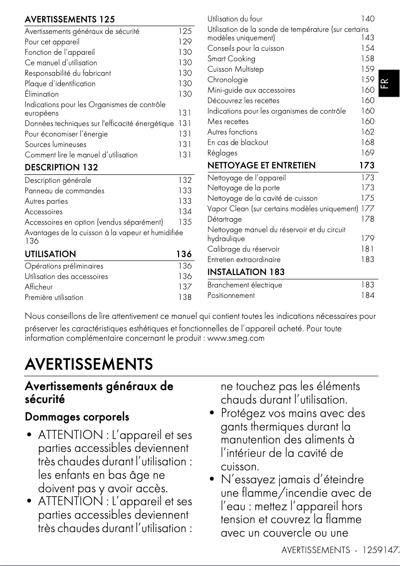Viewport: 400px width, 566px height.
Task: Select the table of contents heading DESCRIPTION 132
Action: click(61, 167)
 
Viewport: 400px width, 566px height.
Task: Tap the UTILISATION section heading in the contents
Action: click(50, 254)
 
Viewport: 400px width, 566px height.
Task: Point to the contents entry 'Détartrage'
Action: click(224, 219)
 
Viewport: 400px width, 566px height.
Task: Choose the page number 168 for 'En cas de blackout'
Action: click(368, 142)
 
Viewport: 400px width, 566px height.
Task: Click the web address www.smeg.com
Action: click(235, 338)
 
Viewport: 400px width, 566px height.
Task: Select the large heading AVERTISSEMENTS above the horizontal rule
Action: click(89, 364)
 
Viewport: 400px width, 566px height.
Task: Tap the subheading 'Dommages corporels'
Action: click(77, 417)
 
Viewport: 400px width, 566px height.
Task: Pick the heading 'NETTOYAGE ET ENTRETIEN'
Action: click(261, 165)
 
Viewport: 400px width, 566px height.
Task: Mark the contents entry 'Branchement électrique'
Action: click(244, 285)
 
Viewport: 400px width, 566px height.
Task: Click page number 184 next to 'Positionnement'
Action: click(368, 295)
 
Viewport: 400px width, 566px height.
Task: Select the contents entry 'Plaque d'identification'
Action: click(60, 84)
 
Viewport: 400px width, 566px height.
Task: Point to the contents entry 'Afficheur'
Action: click(38, 287)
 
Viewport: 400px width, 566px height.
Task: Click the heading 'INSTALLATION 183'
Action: click(246, 272)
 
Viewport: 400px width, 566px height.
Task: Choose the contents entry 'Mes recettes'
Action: click(227, 122)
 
